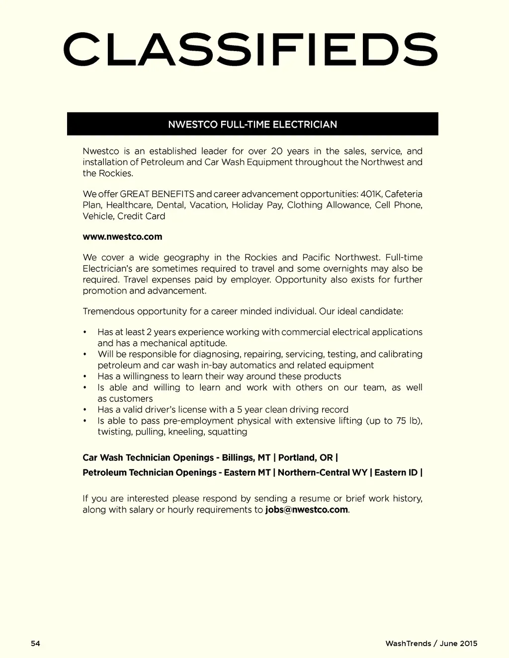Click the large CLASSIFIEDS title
(251, 50)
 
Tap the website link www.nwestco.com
(122, 237)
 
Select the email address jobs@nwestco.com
(306, 510)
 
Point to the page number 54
(35, 644)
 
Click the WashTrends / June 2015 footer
(431, 644)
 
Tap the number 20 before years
(277, 151)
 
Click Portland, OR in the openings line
(305, 458)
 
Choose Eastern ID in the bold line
(396, 473)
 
